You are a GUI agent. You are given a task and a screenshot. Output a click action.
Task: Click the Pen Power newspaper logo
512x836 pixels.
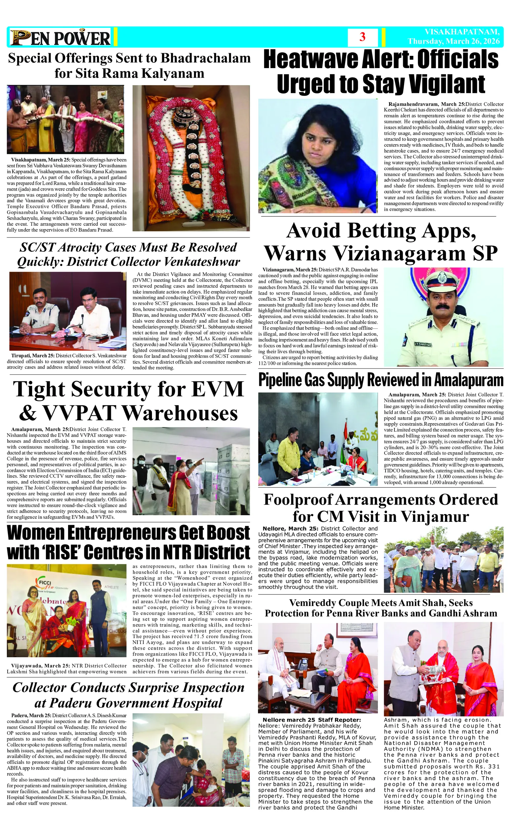(x=60, y=37)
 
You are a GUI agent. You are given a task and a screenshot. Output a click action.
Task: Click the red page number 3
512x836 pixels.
(x=362, y=37)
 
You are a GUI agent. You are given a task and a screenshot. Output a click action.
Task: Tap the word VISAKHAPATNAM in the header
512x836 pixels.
(x=462, y=32)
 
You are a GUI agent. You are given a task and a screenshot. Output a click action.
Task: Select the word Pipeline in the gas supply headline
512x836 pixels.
(x=280, y=380)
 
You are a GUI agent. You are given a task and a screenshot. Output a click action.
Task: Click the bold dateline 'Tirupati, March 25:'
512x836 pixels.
(x=31, y=356)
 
